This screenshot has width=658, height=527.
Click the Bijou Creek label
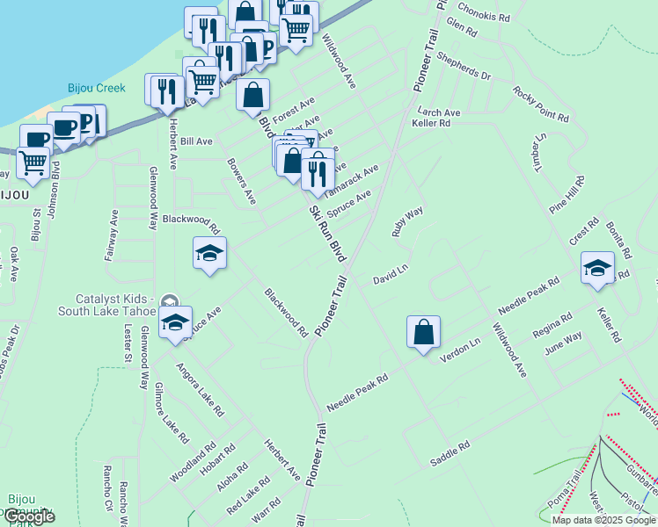pos(97,88)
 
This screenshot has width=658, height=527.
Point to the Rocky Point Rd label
pos(540,105)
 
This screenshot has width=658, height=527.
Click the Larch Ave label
pos(439,112)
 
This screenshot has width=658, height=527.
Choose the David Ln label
pos(390,278)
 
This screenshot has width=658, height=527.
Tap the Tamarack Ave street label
pos(351,180)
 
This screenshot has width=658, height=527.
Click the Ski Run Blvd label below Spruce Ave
pos(325,234)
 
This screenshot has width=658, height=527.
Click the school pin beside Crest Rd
pos(597,269)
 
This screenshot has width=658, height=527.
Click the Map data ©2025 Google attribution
pos(603,520)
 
